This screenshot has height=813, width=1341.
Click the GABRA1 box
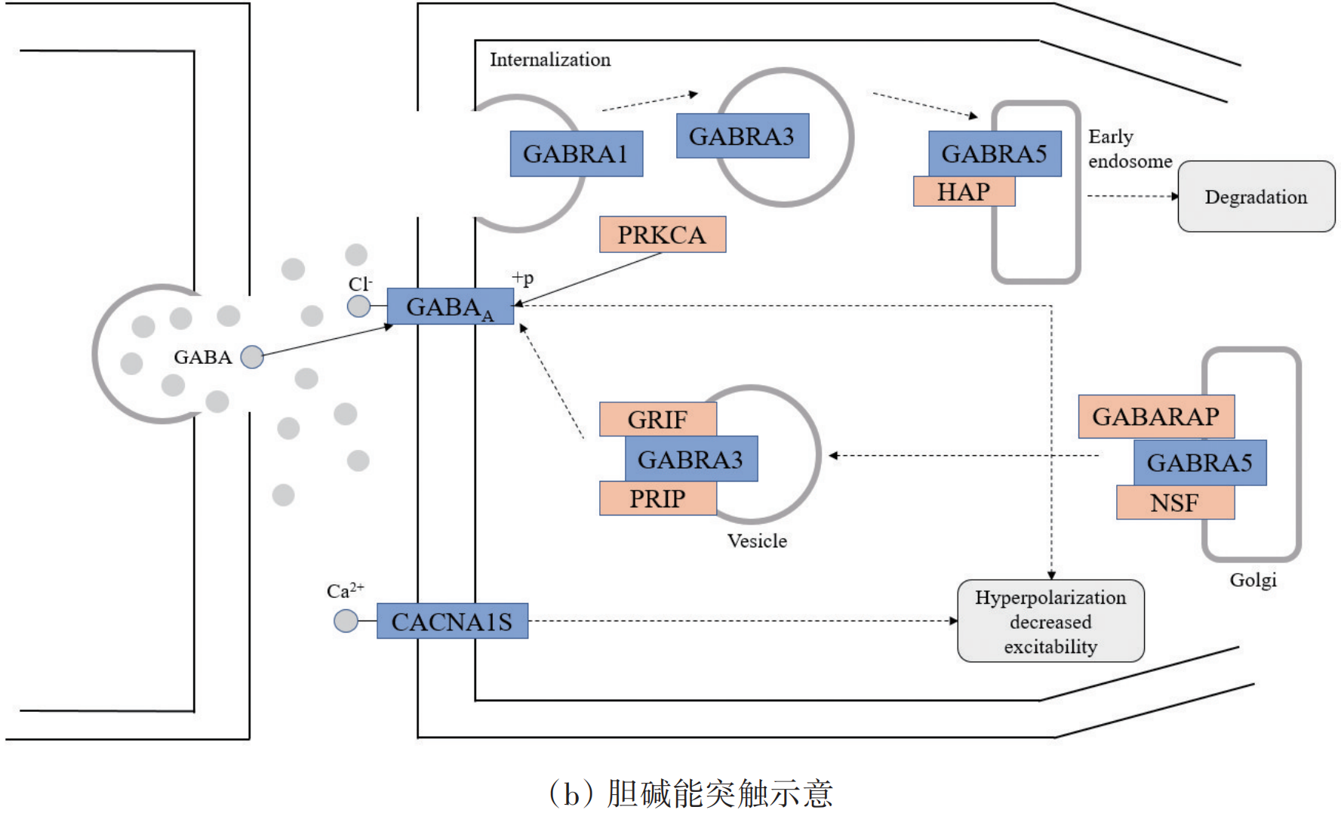(576, 154)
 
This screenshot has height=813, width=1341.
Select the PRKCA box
(662, 235)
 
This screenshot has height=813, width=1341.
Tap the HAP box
(963, 192)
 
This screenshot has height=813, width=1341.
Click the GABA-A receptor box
(450, 307)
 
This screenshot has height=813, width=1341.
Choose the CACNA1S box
(451, 621)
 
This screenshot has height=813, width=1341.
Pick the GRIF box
(657, 419)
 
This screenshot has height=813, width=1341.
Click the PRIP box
(657, 499)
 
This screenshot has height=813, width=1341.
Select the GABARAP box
(1155, 417)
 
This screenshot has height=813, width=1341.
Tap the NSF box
(1174, 503)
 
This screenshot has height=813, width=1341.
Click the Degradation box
(1256, 197)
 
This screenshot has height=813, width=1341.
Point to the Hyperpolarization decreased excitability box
(1050, 621)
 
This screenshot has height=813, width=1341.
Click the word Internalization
(550, 60)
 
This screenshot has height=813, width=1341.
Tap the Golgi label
(1253, 580)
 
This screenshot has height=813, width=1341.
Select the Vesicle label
(757, 541)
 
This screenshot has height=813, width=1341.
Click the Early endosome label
(1129, 149)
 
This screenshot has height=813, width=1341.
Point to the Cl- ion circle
(358, 306)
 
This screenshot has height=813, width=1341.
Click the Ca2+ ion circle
(346, 621)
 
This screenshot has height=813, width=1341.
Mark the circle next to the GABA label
(252, 357)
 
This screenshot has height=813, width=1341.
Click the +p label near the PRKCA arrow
(523, 278)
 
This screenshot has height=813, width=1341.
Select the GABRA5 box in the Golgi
(1199, 463)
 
